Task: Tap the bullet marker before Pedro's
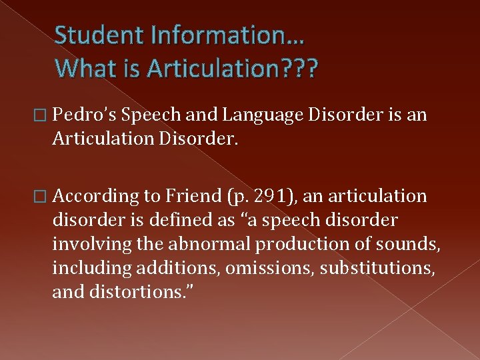click(x=45, y=115)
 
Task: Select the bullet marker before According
click(x=45, y=197)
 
